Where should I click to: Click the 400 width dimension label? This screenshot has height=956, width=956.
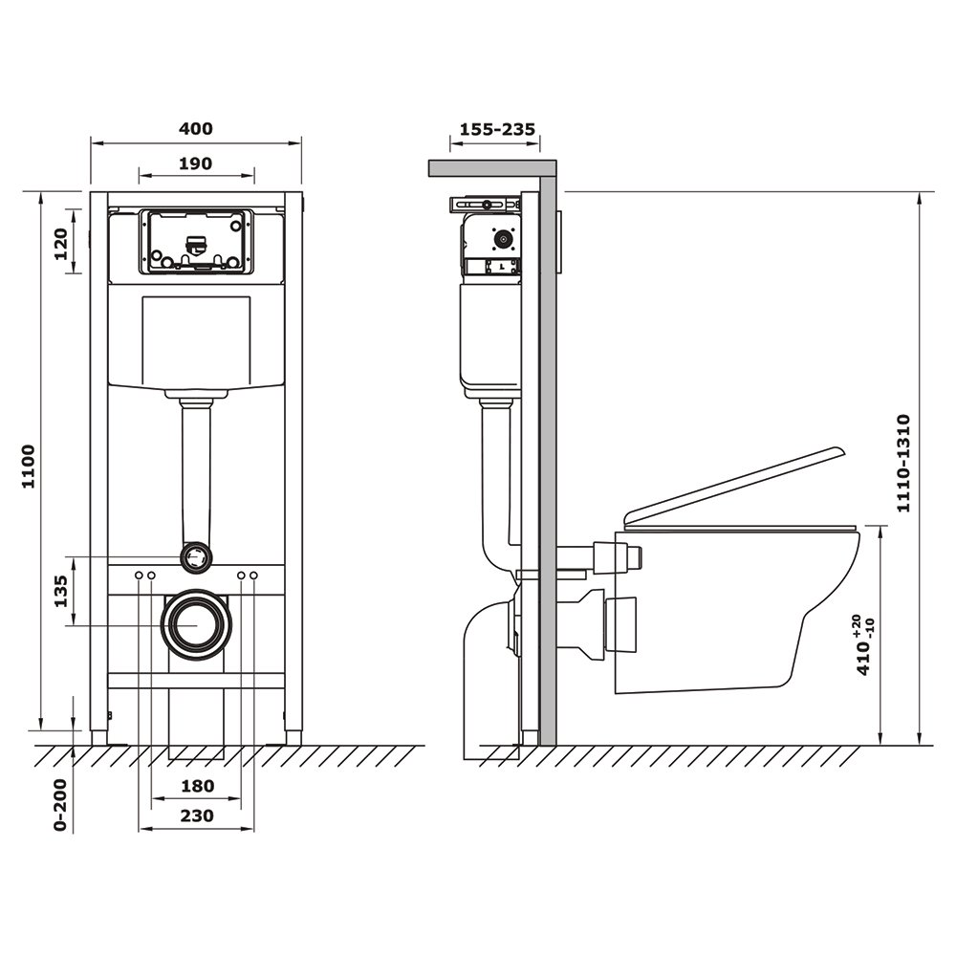(196, 129)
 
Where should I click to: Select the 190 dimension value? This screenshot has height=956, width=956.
(196, 163)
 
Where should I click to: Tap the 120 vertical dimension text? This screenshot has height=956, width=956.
(61, 243)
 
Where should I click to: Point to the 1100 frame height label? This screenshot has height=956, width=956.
(28, 467)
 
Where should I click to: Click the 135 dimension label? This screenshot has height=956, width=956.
(61, 590)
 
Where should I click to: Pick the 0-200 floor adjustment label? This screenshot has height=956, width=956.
(59, 805)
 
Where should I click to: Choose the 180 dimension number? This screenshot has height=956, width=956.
(198, 786)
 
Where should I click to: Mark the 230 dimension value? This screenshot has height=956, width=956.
(197, 815)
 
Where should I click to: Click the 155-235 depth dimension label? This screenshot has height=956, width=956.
(497, 129)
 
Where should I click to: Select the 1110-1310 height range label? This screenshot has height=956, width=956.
(903, 464)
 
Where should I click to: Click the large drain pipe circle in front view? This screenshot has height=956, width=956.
(196, 625)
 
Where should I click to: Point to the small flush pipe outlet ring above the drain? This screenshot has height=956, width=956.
(196, 556)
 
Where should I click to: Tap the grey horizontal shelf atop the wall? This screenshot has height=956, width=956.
(492, 168)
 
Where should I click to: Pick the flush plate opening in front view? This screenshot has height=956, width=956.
(196, 242)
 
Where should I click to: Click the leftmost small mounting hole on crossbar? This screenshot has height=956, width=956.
(139, 576)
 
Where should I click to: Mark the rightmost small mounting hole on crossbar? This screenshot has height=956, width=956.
(253, 576)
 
